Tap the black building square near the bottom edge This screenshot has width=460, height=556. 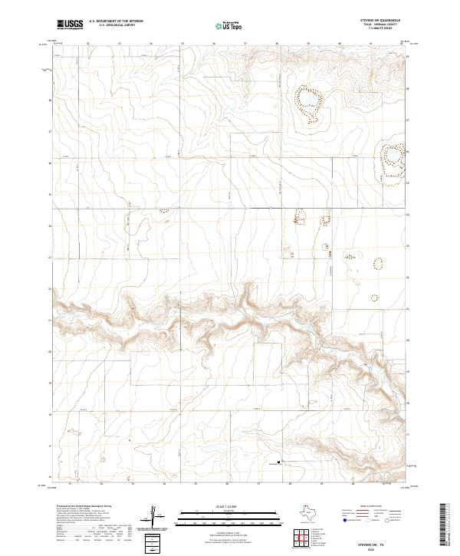(279, 462)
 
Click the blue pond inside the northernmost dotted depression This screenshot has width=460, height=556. (308, 100)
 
